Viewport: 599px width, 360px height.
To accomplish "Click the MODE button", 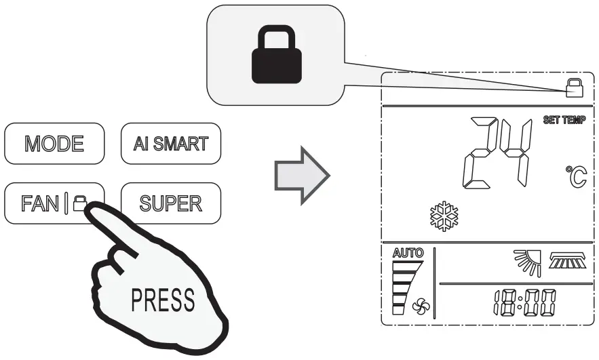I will [x=55, y=144].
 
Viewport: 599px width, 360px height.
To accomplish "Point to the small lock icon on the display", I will [x=574, y=85].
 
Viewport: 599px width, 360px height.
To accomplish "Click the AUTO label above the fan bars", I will [x=407, y=253].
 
